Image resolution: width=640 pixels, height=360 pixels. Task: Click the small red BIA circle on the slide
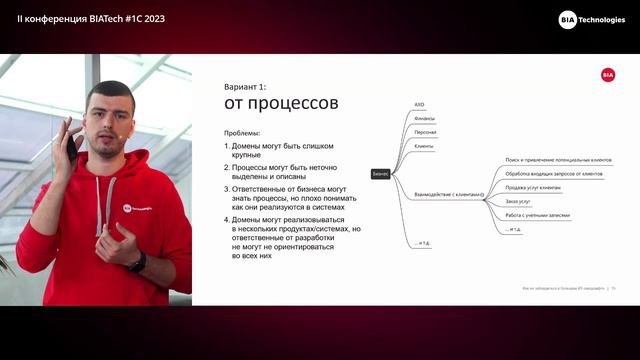coord(608,75)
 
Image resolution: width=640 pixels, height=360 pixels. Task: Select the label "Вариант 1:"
coord(245,87)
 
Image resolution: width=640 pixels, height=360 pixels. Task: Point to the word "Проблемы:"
coord(242,133)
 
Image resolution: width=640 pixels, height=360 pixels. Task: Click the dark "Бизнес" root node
coord(380,173)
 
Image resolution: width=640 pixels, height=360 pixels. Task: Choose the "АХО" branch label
coord(420,104)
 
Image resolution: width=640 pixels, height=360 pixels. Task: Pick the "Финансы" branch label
coord(425,118)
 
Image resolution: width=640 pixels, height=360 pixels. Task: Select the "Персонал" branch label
coord(425,132)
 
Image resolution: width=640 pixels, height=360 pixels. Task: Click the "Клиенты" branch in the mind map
coord(424,146)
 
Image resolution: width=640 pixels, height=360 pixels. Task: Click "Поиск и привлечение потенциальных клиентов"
coord(558,159)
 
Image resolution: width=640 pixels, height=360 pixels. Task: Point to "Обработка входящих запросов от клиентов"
coord(553,173)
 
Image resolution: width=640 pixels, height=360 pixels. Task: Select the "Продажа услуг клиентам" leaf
coord(533,187)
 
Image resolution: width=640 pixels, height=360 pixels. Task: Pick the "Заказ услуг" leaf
coord(519,201)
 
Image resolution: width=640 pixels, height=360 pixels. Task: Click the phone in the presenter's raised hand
coord(70,150)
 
